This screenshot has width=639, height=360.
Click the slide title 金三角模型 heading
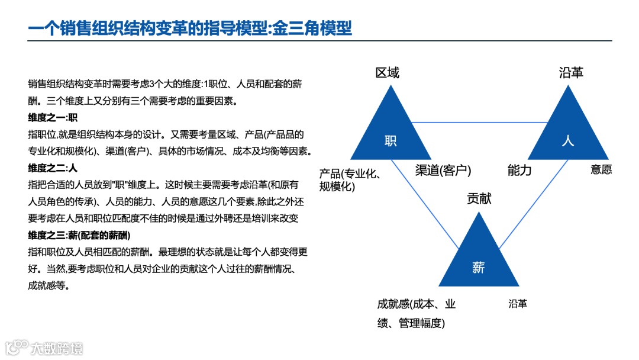pos(190,27)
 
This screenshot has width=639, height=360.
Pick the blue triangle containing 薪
pos(479,261)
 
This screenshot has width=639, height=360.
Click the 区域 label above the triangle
pos(388,73)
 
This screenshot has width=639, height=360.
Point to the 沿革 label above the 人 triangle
pos(571,73)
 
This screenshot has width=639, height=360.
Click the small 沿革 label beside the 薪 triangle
pos(518,304)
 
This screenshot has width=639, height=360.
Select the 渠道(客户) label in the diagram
pos(443,171)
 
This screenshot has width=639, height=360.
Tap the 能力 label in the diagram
pos(519,171)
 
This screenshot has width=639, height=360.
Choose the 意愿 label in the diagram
pos(601,170)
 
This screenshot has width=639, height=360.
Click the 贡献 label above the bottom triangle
pos(479,199)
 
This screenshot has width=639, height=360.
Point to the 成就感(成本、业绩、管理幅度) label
pos(417,313)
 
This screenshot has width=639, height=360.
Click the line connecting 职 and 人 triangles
pos(479,123)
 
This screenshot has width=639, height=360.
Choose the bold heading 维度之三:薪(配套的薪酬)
pos(79,235)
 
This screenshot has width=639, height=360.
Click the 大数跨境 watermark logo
pos(44,348)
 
